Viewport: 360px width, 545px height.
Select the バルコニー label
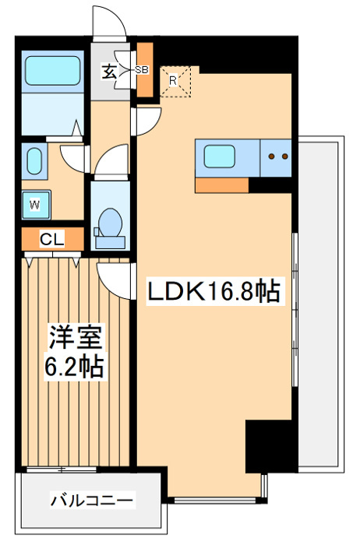[93, 498]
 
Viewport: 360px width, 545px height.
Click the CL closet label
[51, 239]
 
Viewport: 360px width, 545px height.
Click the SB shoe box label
[142, 69]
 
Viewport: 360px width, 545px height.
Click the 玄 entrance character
[109, 72]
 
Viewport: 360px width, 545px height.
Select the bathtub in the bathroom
[53, 70]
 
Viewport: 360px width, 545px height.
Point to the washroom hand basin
[34, 162]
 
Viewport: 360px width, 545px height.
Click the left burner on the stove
[271, 156]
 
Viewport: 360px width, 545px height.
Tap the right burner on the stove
[284, 156]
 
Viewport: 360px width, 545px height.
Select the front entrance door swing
[110, 23]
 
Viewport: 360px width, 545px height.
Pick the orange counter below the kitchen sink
[222, 185]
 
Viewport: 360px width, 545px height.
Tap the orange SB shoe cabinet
[146, 70]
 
